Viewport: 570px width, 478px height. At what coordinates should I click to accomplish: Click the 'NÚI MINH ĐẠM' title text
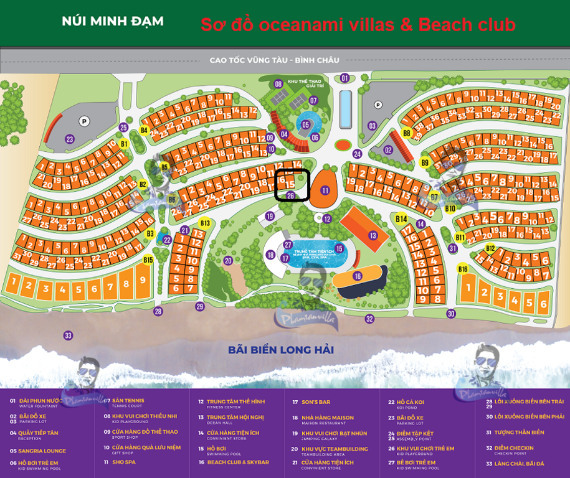[x=113, y=21]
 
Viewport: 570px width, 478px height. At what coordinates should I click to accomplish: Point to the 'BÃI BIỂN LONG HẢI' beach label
[x=281, y=350]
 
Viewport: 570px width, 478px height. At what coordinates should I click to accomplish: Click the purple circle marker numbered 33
[x=69, y=335]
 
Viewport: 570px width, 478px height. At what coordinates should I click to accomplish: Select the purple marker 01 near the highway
[x=344, y=78]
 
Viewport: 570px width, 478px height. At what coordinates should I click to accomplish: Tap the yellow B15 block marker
[x=148, y=260]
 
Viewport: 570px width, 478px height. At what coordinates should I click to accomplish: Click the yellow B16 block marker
[x=463, y=269]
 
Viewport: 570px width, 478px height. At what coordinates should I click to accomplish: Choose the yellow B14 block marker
[x=401, y=219]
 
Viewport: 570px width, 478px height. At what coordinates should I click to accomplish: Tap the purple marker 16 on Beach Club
[x=358, y=276]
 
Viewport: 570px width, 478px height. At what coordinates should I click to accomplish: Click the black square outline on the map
[x=292, y=185]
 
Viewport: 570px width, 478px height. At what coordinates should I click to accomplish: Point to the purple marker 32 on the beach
[x=369, y=319]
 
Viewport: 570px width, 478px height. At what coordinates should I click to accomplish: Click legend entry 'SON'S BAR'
[x=316, y=402]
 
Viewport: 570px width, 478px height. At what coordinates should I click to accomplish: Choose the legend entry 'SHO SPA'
[x=125, y=462]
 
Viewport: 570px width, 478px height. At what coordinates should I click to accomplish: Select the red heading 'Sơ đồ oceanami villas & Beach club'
[x=358, y=25]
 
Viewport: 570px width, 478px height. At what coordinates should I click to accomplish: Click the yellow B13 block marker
[x=205, y=223]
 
